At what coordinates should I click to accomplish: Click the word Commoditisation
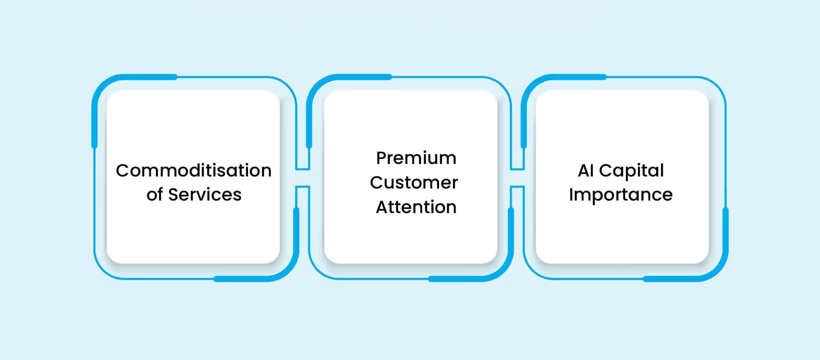193,170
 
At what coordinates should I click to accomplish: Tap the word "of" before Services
154,195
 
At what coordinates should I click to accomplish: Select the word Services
204,195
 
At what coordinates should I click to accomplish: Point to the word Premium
416,158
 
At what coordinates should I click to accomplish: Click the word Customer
414,183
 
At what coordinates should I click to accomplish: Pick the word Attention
416,207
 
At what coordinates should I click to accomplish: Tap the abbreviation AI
585,170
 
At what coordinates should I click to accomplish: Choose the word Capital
632,170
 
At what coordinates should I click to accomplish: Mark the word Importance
621,195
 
